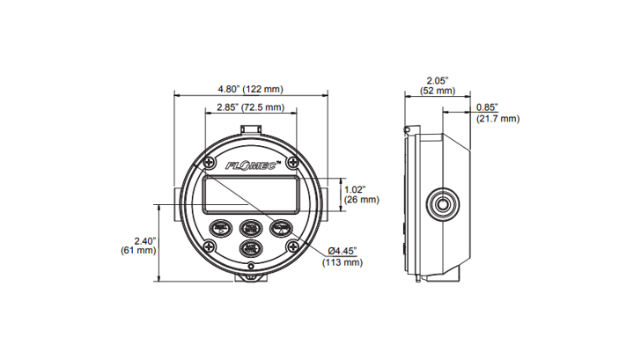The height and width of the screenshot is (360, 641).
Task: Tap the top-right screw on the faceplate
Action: tap(294, 162)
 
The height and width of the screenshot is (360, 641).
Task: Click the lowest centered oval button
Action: tap(251, 247)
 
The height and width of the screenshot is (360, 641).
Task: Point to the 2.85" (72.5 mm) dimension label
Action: tap(251, 107)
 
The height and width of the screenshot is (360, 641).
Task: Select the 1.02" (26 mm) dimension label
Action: tap(361, 194)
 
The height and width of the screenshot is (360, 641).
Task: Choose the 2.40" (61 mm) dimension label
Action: tap(138, 245)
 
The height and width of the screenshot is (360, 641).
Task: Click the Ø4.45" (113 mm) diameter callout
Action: tap(343, 256)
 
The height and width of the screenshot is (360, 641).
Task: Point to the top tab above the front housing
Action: tap(251, 130)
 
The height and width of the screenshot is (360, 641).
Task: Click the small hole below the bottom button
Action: tap(251, 266)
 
